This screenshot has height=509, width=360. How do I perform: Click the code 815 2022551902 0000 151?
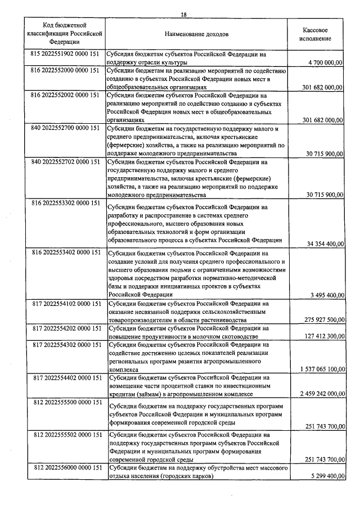click(66, 55)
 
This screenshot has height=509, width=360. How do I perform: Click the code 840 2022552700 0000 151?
click(66, 129)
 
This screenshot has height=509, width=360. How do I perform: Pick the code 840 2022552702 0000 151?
click(66, 162)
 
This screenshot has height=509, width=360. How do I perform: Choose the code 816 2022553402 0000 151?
click(66, 253)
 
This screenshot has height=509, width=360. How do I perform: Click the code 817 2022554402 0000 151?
click(66, 377)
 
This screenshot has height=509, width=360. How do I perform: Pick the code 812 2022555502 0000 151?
click(66, 435)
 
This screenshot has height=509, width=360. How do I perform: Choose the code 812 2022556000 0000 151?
click(66, 468)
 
